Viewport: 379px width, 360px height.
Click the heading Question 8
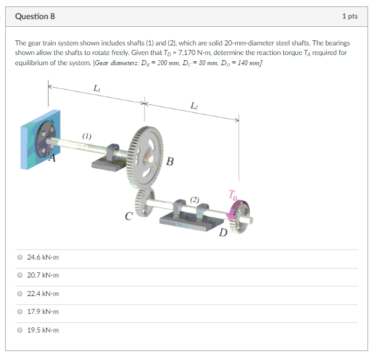pos(36,15)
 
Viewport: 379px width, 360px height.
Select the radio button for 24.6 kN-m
pos(20,257)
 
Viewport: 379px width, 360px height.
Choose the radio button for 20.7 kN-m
pos(20,275)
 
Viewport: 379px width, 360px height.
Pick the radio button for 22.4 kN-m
pos(20,293)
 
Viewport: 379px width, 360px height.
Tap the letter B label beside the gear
pos(169,160)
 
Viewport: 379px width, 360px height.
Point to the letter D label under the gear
pos(223,231)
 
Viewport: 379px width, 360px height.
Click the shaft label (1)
pos(86,136)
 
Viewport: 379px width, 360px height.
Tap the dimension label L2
pos(194,105)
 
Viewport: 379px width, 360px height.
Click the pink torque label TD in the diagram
pos(231,194)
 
